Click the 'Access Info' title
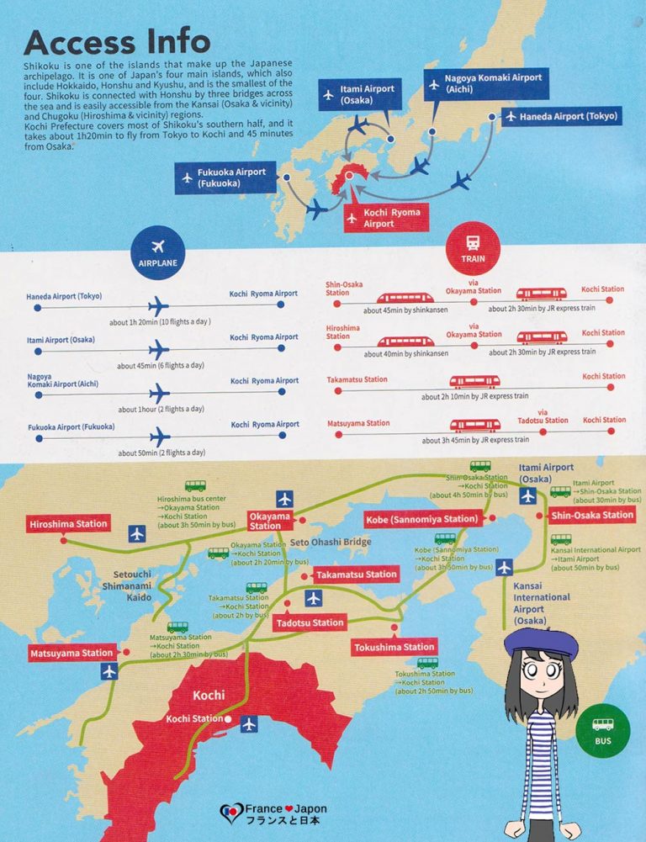(x=117, y=42)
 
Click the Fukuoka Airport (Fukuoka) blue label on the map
(x=225, y=177)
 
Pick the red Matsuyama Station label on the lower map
(x=72, y=653)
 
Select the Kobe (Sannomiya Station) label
(x=423, y=519)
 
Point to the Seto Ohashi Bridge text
(x=330, y=543)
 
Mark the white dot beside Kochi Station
(x=228, y=720)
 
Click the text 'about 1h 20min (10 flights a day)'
(x=160, y=321)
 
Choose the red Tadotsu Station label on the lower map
(x=310, y=623)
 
